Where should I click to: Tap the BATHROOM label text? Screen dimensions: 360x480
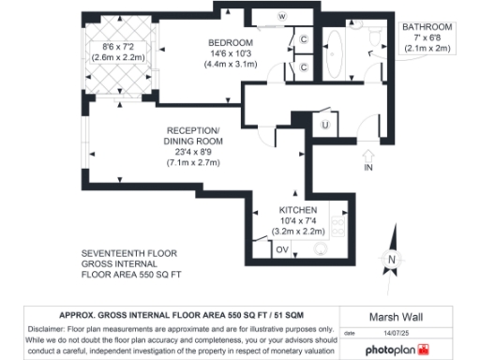point(427,27)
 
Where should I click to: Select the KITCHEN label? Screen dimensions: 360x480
point(298,208)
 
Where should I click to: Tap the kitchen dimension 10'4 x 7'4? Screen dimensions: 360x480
point(298,219)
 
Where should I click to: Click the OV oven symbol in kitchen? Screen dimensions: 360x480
point(282,248)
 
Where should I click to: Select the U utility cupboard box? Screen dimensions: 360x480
point(324,125)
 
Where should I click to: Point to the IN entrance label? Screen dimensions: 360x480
point(368,167)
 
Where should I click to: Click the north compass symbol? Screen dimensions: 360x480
point(394,259)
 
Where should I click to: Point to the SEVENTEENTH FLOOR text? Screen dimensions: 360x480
point(128,253)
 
